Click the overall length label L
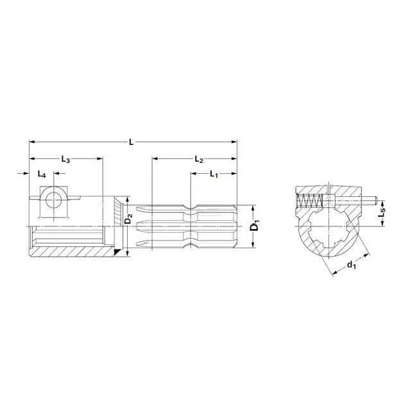click(x=131, y=142)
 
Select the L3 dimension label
click(x=65, y=159)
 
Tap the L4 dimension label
click(x=42, y=174)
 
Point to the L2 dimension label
click(x=199, y=159)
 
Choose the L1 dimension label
click(x=214, y=174)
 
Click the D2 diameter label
click(x=128, y=219)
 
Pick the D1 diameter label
click(x=255, y=227)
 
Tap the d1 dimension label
click(x=352, y=265)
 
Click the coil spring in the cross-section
click(x=310, y=200)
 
